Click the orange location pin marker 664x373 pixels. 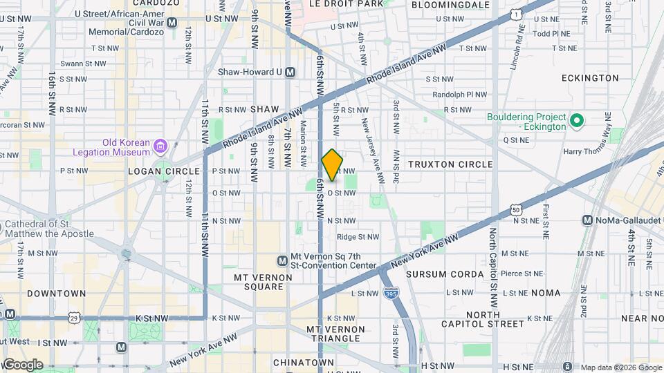tap(332, 165)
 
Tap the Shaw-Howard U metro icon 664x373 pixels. tap(290, 72)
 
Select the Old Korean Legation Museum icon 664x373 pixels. tap(160, 146)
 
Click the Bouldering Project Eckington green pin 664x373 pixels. tap(577, 122)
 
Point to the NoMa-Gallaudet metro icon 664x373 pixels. tap(587, 220)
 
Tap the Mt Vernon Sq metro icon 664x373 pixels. tap(282, 260)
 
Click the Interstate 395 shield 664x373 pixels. tap(390, 293)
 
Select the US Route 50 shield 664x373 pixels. tap(516, 209)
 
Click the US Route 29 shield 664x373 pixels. tap(74, 317)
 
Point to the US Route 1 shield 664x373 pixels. tap(515, 14)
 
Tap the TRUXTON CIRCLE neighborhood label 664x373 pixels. tap(450, 164)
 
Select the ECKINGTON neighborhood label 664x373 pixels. tap(590, 78)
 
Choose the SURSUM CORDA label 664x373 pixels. tap(445, 274)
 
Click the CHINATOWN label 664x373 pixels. tap(304, 363)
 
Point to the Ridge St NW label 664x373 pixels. tap(358, 237)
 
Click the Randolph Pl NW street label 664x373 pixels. tap(459, 95)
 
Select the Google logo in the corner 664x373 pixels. tap(22, 364)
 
